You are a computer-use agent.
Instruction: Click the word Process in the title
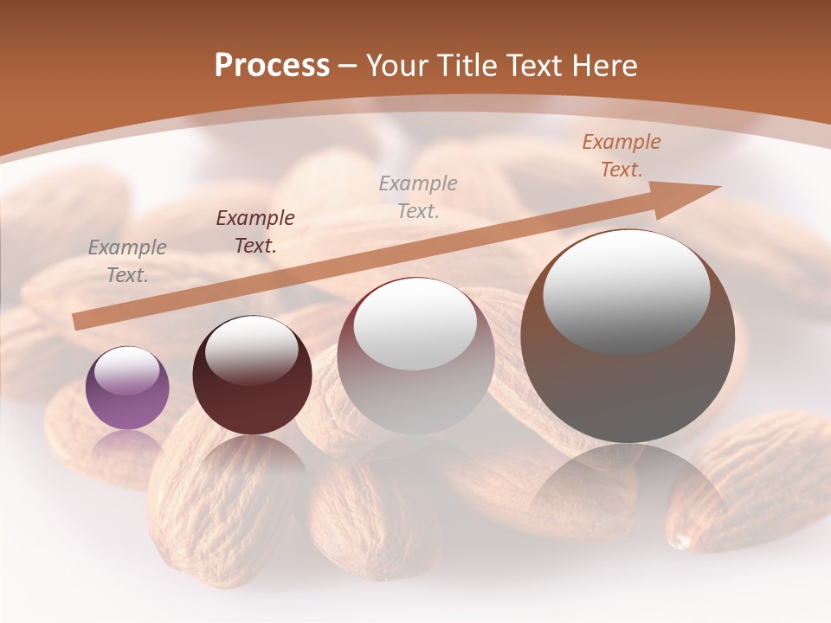[272, 66]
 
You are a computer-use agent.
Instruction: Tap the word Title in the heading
[463, 66]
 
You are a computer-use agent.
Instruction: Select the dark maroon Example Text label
[255, 232]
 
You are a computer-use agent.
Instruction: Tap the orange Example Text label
[622, 156]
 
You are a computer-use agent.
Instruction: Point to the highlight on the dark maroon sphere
[251, 350]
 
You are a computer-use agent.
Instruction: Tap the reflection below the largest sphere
[628, 485]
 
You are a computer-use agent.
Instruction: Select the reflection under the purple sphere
[127, 446]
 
